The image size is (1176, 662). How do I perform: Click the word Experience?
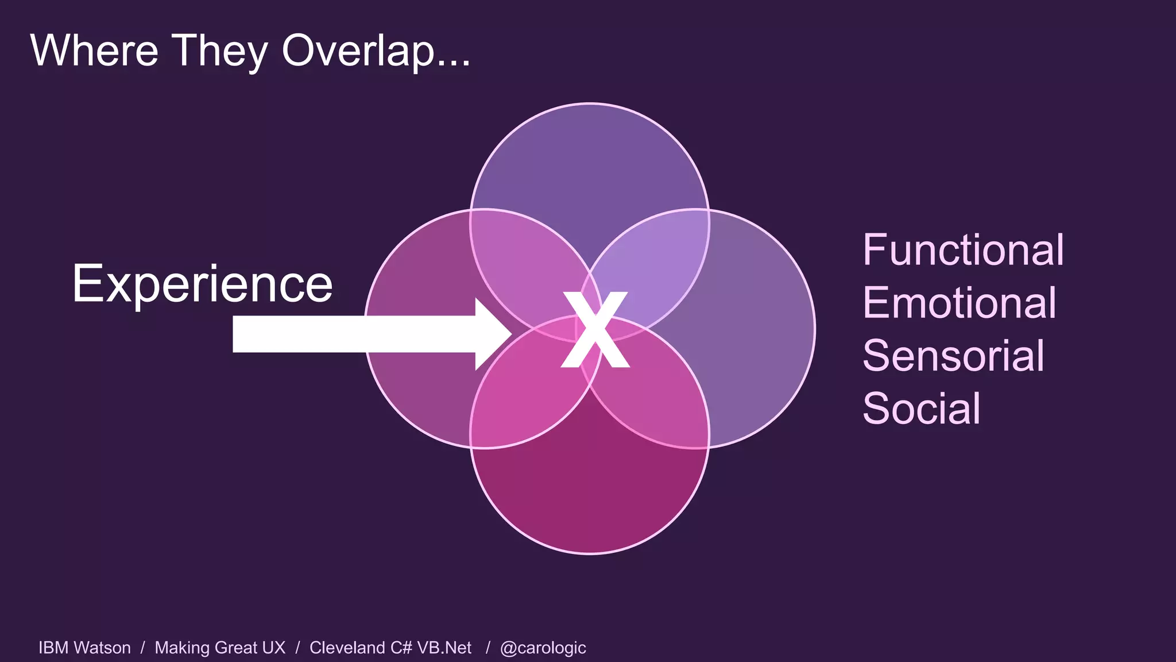(202, 284)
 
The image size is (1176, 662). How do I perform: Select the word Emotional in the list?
(959, 303)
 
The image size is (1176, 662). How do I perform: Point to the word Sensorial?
(953, 356)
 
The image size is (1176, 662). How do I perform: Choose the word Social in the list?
(921, 409)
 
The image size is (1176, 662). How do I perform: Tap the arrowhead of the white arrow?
(493, 334)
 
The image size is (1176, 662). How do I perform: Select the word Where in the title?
(94, 51)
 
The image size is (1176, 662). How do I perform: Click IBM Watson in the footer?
(84, 648)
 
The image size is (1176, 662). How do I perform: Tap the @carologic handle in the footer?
(543, 648)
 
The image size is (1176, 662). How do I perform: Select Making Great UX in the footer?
(220, 648)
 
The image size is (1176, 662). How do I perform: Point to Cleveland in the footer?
(347, 648)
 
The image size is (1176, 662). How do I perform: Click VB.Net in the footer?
(444, 648)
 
